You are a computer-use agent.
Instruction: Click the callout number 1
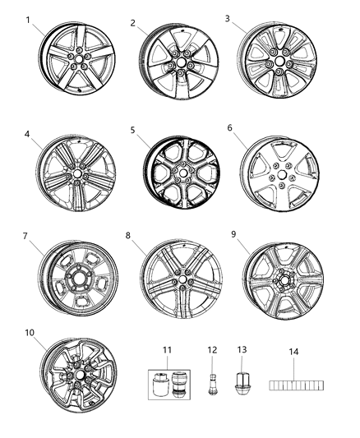(30, 20)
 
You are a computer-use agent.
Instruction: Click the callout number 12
(212, 350)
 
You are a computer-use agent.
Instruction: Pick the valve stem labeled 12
(213, 380)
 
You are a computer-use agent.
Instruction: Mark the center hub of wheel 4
(78, 173)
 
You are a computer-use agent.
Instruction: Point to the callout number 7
(26, 237)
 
